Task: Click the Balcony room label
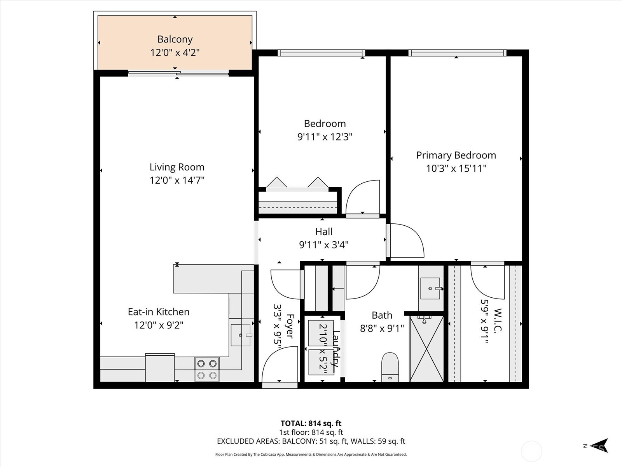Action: (x=175, y=39)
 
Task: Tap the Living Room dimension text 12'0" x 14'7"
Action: (x=177, y=180)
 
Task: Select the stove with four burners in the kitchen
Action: (x=207, y=369)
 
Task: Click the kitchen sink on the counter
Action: (x=241, y=335)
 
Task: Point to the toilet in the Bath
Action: (x=390, y=366)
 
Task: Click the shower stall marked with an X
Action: (x=426, y=349)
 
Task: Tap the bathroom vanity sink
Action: (x=430, y=288)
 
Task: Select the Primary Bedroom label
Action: (x=456, y=155)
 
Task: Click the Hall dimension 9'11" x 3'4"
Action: (x=323, y=245)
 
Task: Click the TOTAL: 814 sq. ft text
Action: (x=311, y=423)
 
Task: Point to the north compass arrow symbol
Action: (x=601, y=446)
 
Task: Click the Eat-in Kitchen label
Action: (x=159, y=312)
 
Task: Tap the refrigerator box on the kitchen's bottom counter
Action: (x=160, y=368)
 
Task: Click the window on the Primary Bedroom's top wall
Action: (x=457, y=53)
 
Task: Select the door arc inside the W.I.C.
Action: (x=487, y=282)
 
